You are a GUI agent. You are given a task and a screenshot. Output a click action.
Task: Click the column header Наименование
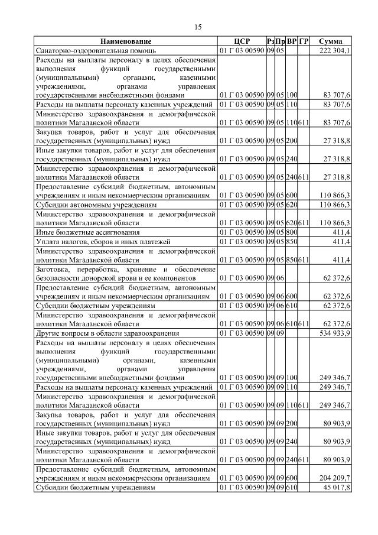pyautogui.click(x=125, y=41)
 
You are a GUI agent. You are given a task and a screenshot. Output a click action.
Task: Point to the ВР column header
pyautogui.click(x=292, y=41)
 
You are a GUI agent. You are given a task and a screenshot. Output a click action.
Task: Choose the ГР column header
pyautogui.click(x=304, y=41)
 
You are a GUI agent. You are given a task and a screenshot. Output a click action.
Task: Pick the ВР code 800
pyautogui.click(x=292, y=232)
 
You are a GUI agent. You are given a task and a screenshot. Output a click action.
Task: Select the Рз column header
pyautogui.click(x=269, y=41)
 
